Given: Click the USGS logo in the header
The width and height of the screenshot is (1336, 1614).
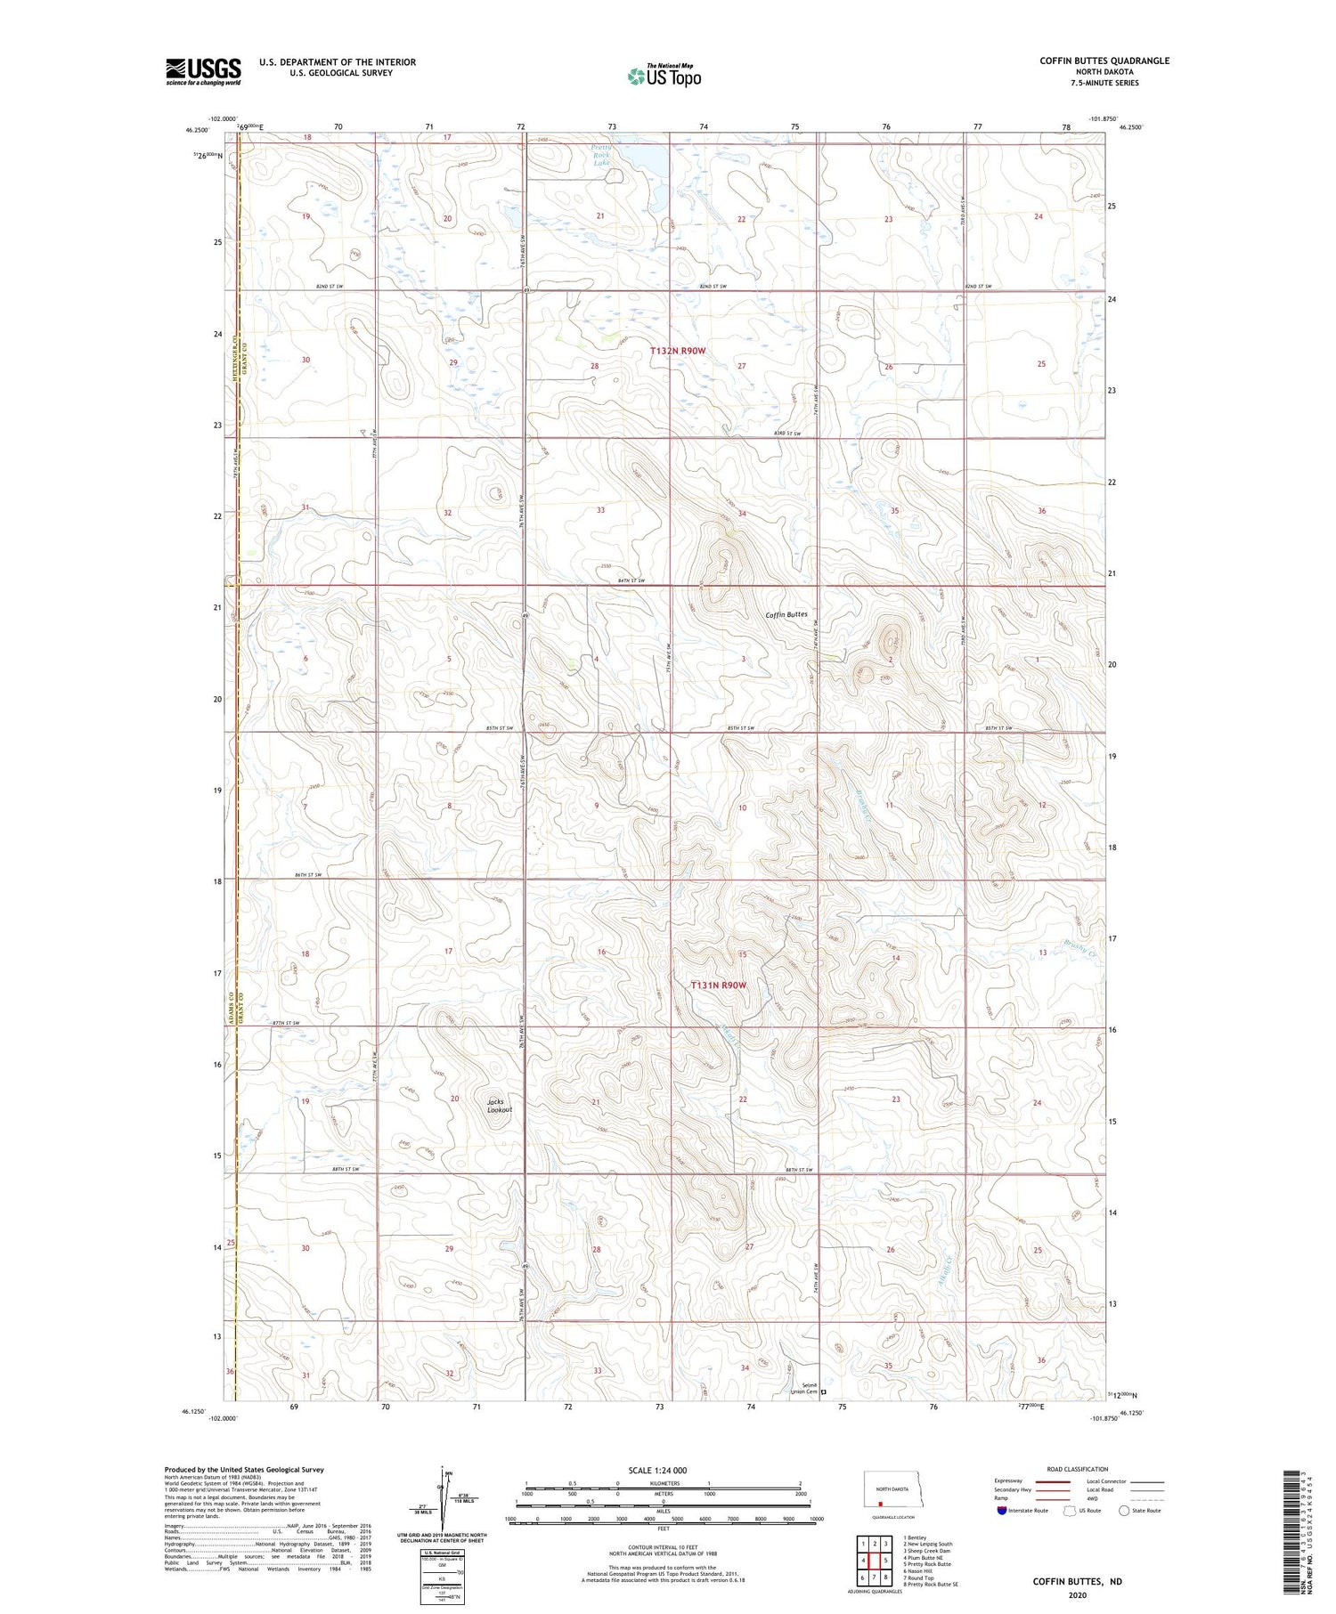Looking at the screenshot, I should click(x=203, y=71).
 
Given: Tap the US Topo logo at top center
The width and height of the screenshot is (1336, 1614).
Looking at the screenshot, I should click(x=664, y=77).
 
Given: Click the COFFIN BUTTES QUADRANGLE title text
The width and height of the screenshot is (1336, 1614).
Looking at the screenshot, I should click(x=1104, y=61).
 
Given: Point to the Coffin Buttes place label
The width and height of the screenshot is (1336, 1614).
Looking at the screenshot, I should click(x=786, y=614).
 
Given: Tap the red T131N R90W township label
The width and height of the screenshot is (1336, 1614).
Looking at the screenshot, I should click(x=718, y=985).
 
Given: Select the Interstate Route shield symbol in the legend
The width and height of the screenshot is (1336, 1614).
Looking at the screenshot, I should click(x=1002, y=1511).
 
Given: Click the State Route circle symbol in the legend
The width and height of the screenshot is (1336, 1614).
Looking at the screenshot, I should click(x=1124, y=1511).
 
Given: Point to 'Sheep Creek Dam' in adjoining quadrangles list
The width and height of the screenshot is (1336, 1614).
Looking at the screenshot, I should click(x=929, y=1551).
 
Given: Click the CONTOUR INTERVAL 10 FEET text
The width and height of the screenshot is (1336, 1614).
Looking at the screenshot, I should click(x=663, y=1547).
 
